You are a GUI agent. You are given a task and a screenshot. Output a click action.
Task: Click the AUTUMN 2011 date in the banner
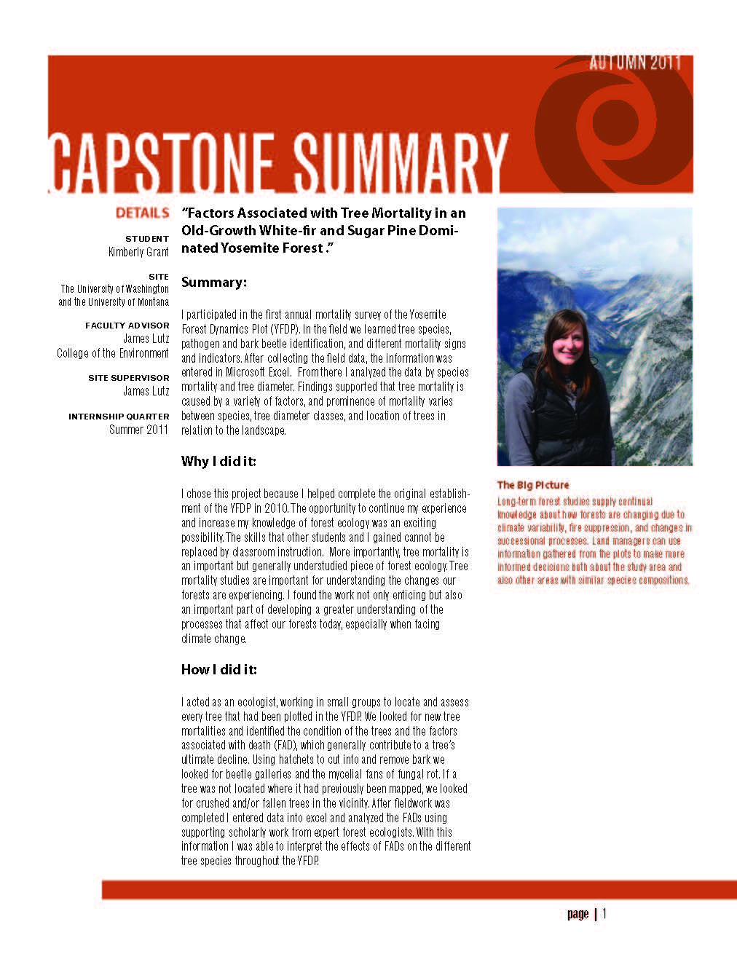(635, 63)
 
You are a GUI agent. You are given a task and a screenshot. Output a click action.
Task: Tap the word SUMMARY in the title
(401, 161)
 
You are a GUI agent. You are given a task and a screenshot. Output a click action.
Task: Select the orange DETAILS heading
(142, 213)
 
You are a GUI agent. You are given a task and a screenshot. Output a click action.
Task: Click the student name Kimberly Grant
(138, 252)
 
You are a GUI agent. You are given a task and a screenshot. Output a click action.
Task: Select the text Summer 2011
(138, 430)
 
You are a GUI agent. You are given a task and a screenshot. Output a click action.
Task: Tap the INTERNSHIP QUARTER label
(119, 417)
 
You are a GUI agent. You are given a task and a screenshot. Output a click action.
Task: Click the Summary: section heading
(214, 283)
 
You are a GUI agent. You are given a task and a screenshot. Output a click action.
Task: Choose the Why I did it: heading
(218, 462)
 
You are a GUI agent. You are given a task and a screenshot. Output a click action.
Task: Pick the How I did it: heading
(219, 670)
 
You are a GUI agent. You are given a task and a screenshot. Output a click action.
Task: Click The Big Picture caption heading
(533, 485)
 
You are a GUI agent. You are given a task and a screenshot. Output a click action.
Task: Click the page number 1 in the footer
(604, 913)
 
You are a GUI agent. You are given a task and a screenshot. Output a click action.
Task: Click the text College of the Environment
(113, 353)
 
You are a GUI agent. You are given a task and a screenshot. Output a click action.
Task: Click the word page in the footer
(578, 914)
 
